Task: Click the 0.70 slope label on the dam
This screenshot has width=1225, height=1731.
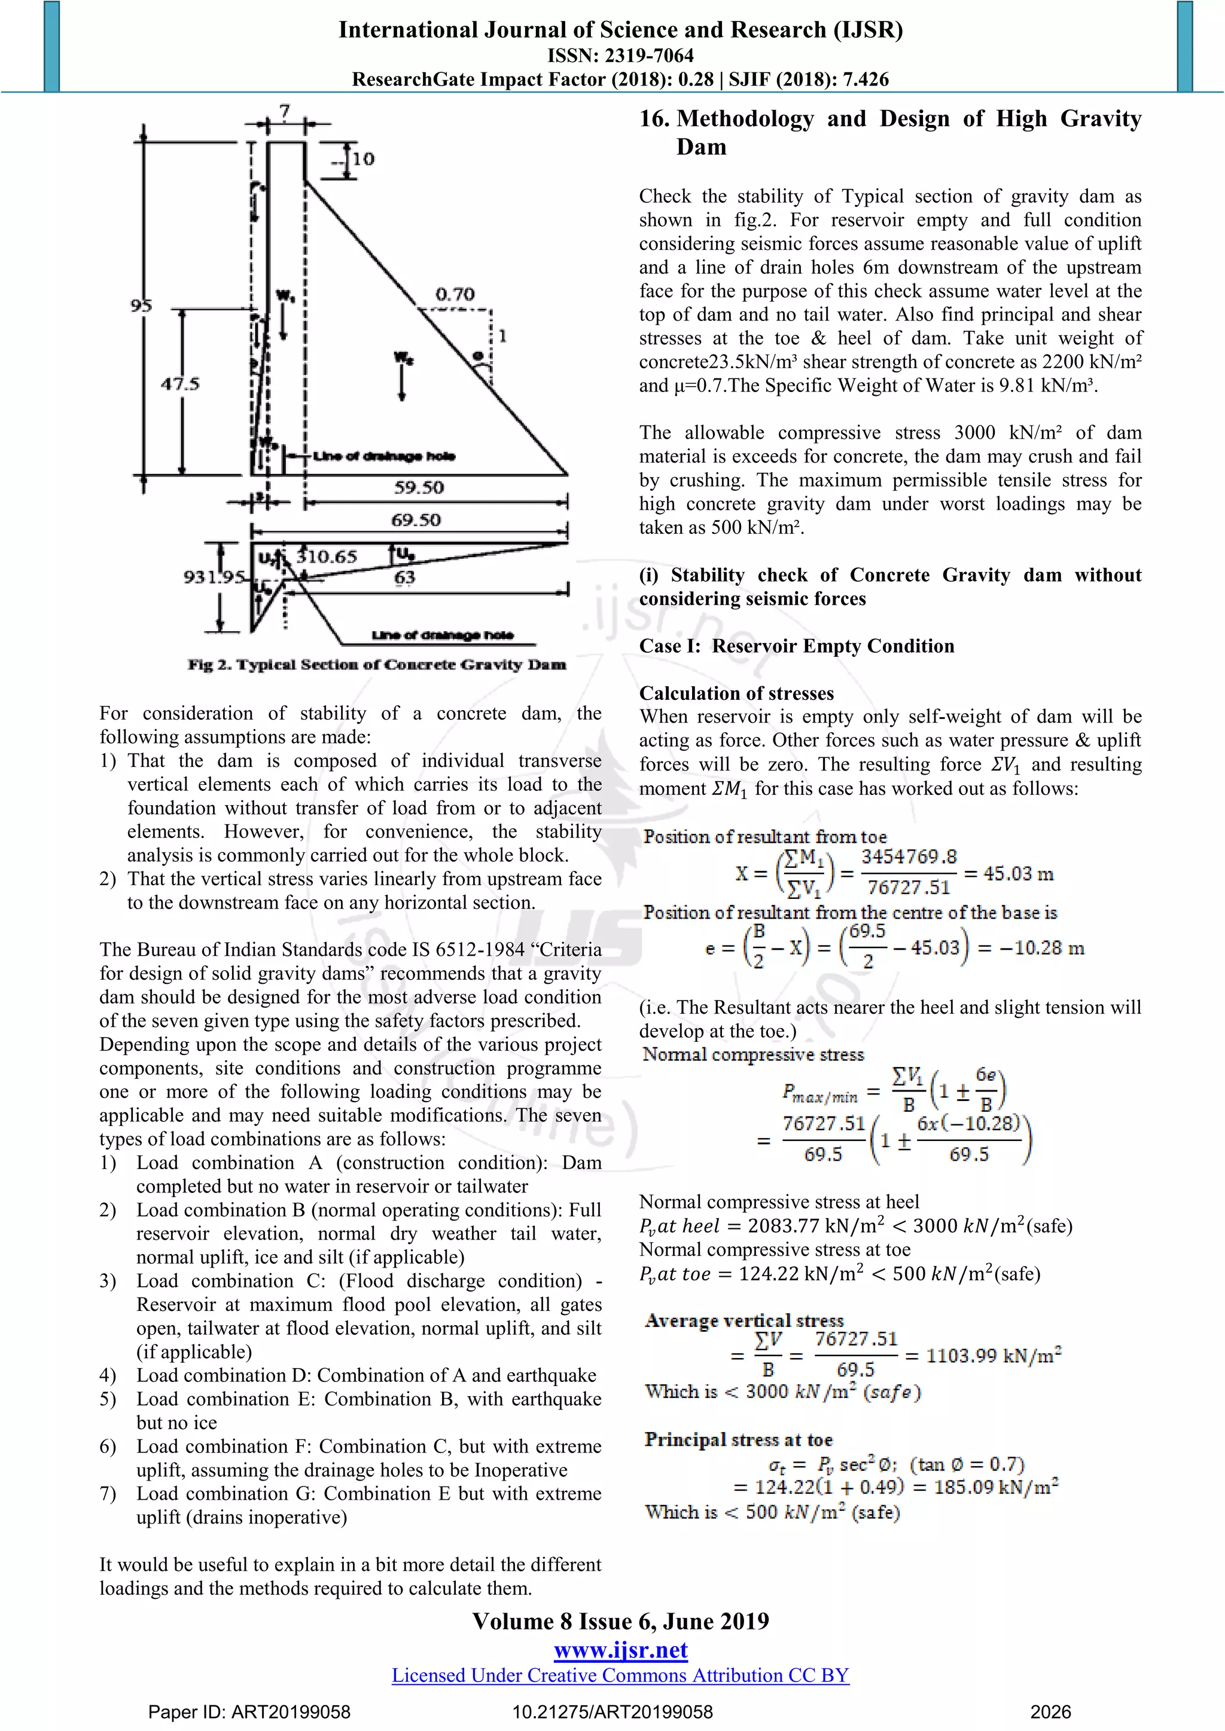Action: pos(454,293)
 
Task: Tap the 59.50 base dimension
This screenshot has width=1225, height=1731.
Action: pos(419,488)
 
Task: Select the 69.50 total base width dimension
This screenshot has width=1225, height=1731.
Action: pos(416,520)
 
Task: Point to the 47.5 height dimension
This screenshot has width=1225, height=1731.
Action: pos(179,383)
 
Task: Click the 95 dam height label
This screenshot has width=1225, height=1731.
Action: pos(141,305)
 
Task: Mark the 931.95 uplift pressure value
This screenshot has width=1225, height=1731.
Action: pos(214,577)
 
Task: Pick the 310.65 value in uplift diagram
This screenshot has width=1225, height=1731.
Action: pos(326,557)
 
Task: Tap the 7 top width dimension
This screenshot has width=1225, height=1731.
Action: pos(284,112)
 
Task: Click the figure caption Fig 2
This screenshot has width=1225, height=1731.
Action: pos(376,664)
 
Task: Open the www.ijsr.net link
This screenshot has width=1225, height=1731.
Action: pos(620,1650)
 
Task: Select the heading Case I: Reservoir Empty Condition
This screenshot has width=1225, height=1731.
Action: pos(797,646)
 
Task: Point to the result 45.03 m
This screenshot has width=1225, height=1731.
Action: pos(1017,874)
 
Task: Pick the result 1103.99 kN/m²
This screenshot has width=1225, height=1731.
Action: pos(993,1356)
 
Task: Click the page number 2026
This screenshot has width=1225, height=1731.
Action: pos(1050,1712)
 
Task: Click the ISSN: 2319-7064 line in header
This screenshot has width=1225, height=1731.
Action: pos(620,55)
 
